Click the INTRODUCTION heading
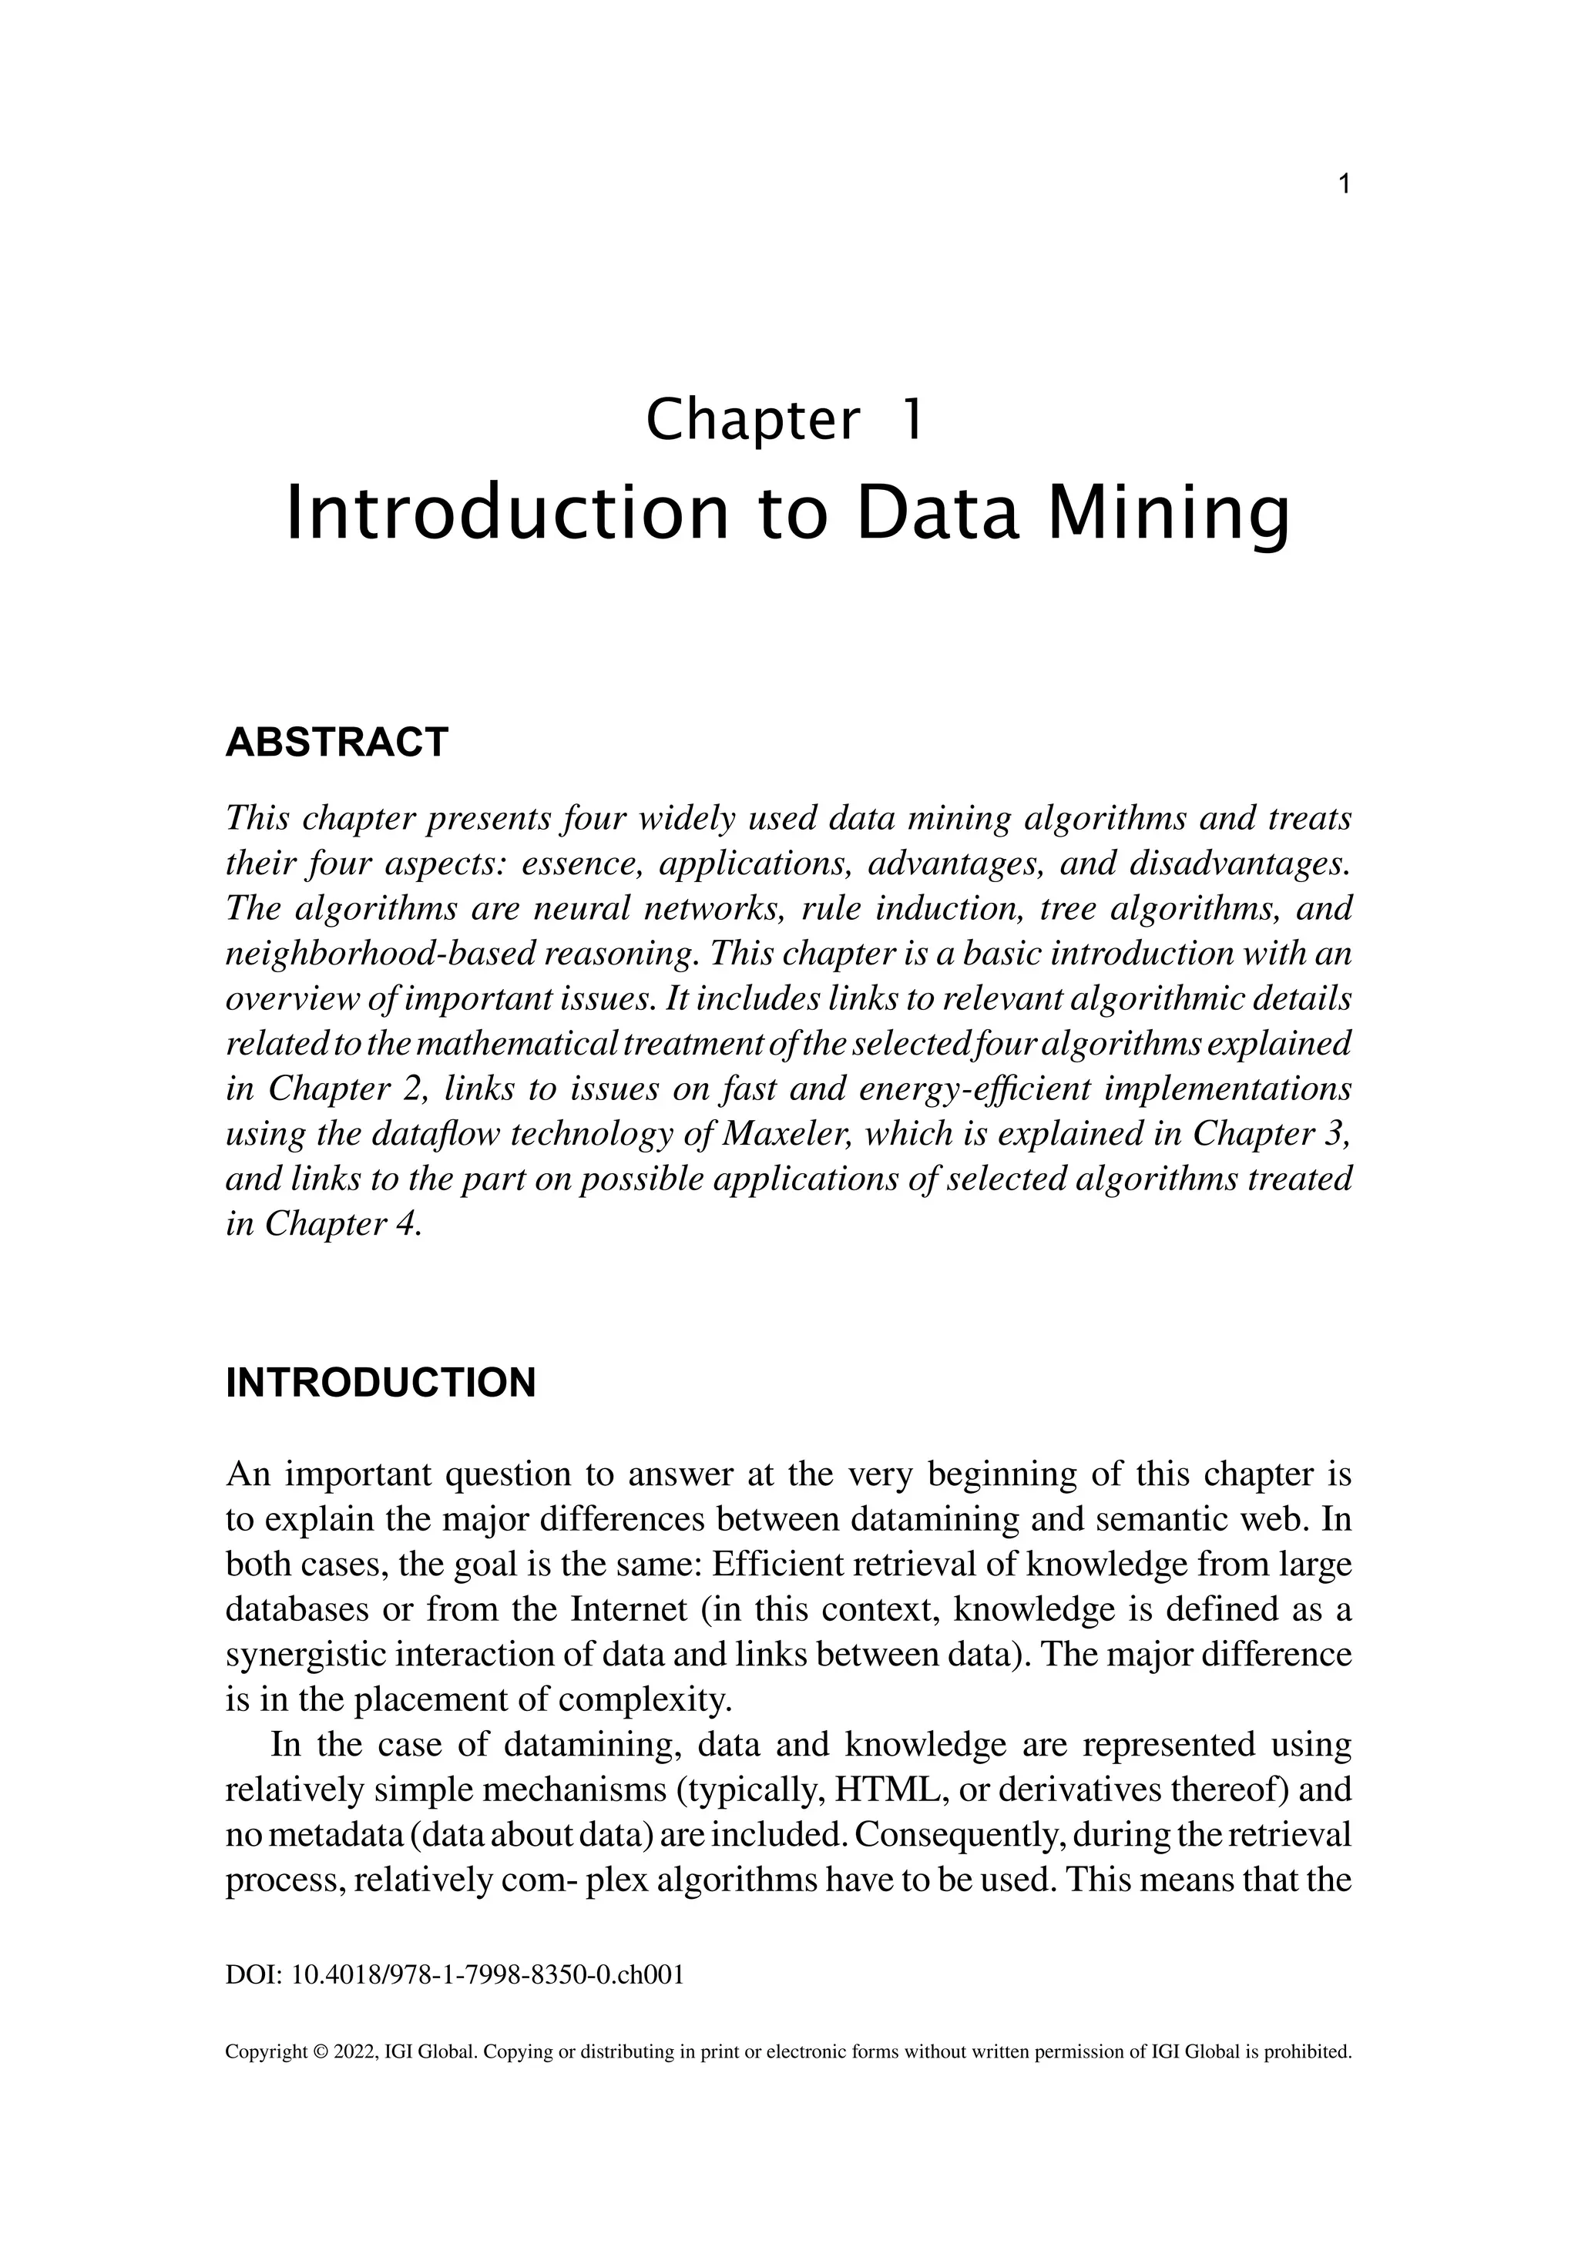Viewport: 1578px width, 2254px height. pos(381,1384)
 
